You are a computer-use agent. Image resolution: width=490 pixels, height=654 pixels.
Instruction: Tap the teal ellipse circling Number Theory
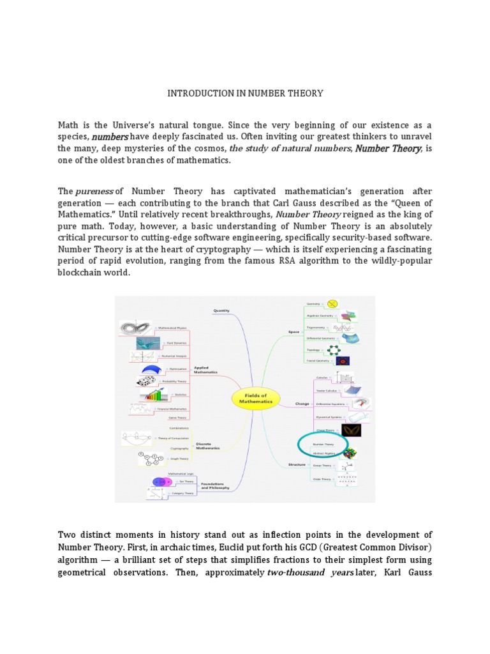click(x=323, y=445)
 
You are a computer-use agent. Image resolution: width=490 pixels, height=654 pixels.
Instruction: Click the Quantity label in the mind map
click(x=221, y=310)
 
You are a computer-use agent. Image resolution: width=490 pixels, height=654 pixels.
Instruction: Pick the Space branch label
click(x=293, y=332)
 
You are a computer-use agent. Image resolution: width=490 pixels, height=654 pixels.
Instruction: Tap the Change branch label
click(x=302, y=404)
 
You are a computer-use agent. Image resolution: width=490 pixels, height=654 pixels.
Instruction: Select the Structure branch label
click(x=298, y=464)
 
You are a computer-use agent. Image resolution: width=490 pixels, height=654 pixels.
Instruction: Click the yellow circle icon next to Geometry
click(x=332, y=304)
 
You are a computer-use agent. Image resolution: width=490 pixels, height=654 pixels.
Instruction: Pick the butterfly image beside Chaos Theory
click(x=352, y=430)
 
